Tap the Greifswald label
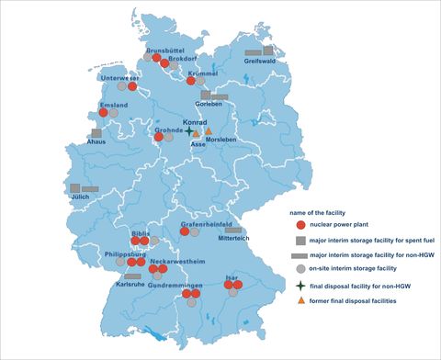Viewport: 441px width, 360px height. pos(264,62)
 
